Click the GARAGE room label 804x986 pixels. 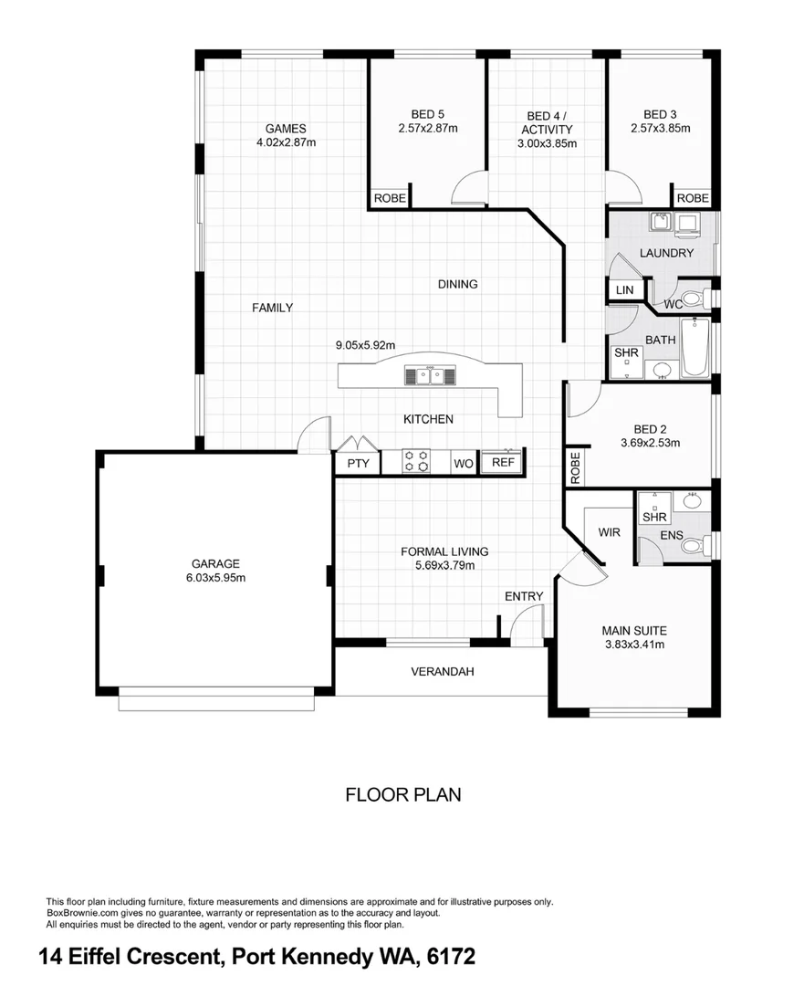click(215, 563)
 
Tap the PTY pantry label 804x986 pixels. click(359, 464)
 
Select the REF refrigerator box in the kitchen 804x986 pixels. click(503, 463)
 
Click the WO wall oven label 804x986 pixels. click(464, 464)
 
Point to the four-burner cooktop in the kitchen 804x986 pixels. click(418, 461)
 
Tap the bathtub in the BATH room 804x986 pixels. click(696, 349)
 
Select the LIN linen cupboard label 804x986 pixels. click(624, 290)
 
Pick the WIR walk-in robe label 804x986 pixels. click(610, 531)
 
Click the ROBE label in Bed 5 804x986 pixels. click(390, 198)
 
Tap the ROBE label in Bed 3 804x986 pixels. click(693, 198)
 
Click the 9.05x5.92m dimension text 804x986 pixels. click(364, 345)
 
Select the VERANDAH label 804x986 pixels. click(442, 672)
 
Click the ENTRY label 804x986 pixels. click(524, 596)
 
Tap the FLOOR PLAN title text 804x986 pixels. click(402, 794)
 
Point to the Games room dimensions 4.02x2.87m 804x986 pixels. click(286, 142)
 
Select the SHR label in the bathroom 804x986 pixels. click(625, 352)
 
